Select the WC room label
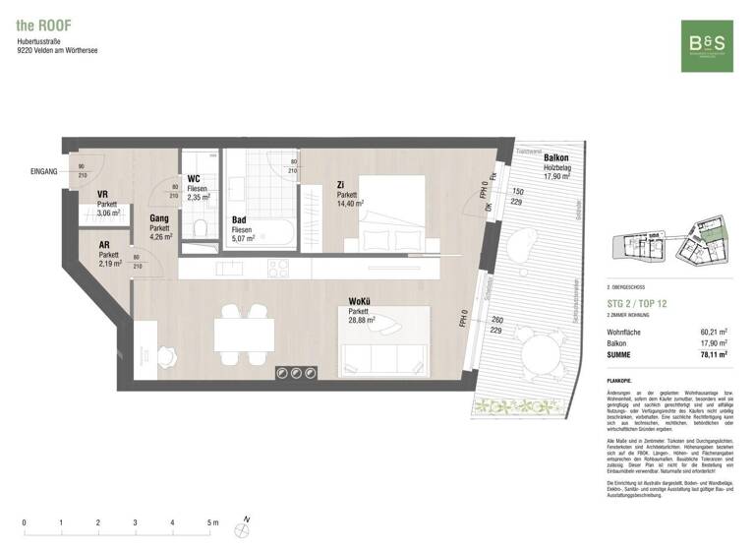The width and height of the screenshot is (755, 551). (194, 178)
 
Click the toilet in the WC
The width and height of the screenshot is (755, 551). (201, 228)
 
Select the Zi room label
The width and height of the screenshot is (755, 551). (340, 184)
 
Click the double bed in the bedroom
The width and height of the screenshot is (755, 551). (390, 212)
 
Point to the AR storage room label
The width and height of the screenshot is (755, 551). (104, 246)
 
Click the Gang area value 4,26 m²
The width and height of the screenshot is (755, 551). (160, 236)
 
